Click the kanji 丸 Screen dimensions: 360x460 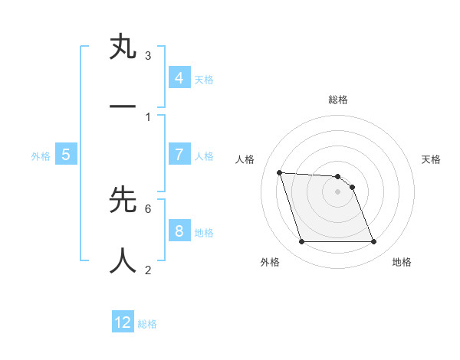pyautogui.click(x=123, y=48)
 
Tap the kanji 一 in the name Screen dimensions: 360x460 pyautogui.click(x=123, y=106)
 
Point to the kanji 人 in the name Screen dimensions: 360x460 pyautogui.click(x=123, y=260)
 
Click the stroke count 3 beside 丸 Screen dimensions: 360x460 pyautogui.click(x=148, y=56)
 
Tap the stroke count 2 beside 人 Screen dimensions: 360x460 pyautogui.click(x=148, y=270)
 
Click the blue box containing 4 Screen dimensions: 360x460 pyautogui.click(x=179, y=77)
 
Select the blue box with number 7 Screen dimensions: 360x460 pyautogui.click(x=179, y=154)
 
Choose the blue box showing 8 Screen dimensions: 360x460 pyautogui.click(x=179, y=231)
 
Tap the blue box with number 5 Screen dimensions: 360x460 pyautogui.click(x=66, y=154)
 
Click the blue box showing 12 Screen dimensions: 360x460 pyautogui.click(x=123, y=322)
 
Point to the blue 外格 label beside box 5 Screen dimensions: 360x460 pyautogui.click(x=41, y=156)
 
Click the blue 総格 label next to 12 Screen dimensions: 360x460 pyautogui.click(x=147, y=325)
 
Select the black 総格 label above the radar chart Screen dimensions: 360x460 pyautogui.click(x=338, y=100)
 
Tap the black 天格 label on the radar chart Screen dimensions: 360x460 pyautogui.click(x=431, y=159)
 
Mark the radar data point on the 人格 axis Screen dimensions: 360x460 pyautogui.click(x=279, y=172)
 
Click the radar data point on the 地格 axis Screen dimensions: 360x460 pyautogui.click(x=373, y=242)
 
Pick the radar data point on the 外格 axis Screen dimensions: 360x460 pyautogui.click(x=301, y=242)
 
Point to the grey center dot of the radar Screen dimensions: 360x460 pyautogui.click(x=338, y=191)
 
